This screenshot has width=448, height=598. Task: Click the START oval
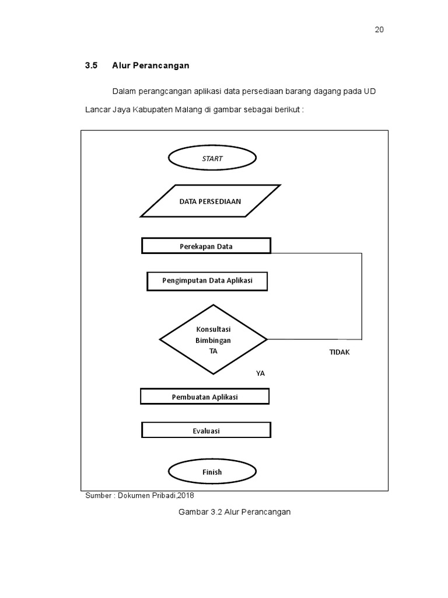[212, 158]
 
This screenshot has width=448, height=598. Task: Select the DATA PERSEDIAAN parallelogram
[210, 201]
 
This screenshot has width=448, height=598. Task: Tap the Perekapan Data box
[206, 246]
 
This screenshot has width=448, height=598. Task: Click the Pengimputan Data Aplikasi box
[207, 281]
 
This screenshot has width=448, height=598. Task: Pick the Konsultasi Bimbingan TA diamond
[213, 339]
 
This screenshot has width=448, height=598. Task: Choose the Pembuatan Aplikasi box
[205, 397]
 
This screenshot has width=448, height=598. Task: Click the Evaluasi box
[206, 430]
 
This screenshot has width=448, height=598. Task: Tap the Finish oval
[212, 471]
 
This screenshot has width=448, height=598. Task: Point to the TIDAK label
[339, 352]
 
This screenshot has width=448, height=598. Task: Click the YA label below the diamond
[260, 373]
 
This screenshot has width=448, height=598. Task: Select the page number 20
[379, 30]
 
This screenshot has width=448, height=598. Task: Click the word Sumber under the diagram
[98, 495]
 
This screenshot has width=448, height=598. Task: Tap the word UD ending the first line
[370, 91]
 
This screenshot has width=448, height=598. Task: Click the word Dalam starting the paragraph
[123, 91]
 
